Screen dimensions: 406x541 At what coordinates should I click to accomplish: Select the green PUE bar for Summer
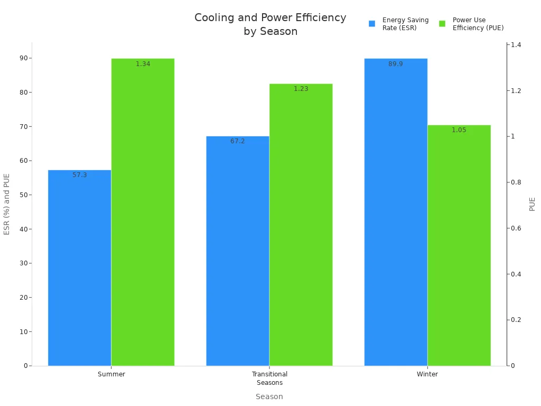143,211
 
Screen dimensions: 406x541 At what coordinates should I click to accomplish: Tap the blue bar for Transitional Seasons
237,251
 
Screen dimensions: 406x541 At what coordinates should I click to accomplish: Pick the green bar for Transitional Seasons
301,224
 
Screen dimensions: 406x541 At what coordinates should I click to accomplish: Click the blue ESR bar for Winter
396,211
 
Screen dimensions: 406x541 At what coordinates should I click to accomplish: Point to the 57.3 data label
79,175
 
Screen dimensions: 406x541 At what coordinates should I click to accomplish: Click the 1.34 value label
143,64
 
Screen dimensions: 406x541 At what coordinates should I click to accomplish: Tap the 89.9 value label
396,64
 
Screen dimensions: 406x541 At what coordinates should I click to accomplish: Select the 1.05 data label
459,130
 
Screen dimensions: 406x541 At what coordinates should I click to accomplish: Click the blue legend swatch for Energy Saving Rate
372,24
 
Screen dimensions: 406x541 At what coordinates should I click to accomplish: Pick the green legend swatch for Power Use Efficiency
442,24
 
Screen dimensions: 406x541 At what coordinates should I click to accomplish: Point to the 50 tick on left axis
23,195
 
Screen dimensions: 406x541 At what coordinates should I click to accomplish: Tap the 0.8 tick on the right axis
517,182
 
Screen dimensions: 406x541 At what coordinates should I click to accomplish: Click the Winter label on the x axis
427,374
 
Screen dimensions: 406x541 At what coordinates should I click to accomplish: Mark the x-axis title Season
269,396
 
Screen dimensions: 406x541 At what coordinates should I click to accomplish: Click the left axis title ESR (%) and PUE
7,204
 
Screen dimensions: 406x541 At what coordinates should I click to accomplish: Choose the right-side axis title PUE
532,204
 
